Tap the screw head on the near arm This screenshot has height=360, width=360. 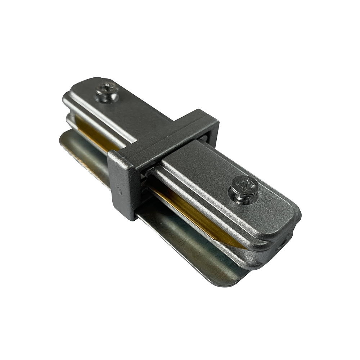click(x=245, y=186)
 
